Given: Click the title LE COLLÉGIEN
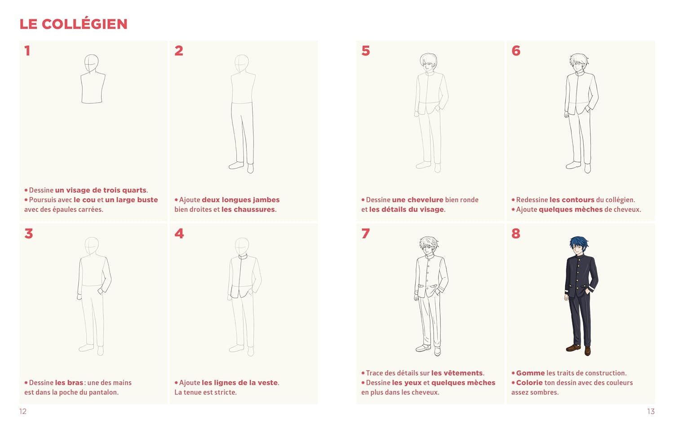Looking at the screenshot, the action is [73, 24].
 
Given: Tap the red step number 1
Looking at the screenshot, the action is [27, 50].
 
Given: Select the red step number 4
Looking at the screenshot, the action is [179, 233].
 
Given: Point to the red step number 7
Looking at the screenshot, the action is [365, 233].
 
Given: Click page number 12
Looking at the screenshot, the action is [23, 411].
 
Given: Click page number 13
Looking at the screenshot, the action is [651, 411].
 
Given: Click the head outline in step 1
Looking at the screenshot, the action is [91, 63].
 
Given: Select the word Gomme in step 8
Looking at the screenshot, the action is [530, 373].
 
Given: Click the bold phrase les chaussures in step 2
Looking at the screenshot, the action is [248, 209].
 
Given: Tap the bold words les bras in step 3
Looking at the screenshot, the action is [69, 383].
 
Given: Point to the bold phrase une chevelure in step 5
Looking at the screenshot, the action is [417, 200].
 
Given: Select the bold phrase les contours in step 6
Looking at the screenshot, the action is [572, 200].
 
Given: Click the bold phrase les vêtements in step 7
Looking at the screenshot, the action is [457, 373].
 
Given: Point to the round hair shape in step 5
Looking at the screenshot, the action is [429, 59].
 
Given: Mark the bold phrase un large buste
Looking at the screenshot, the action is [132, 200].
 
